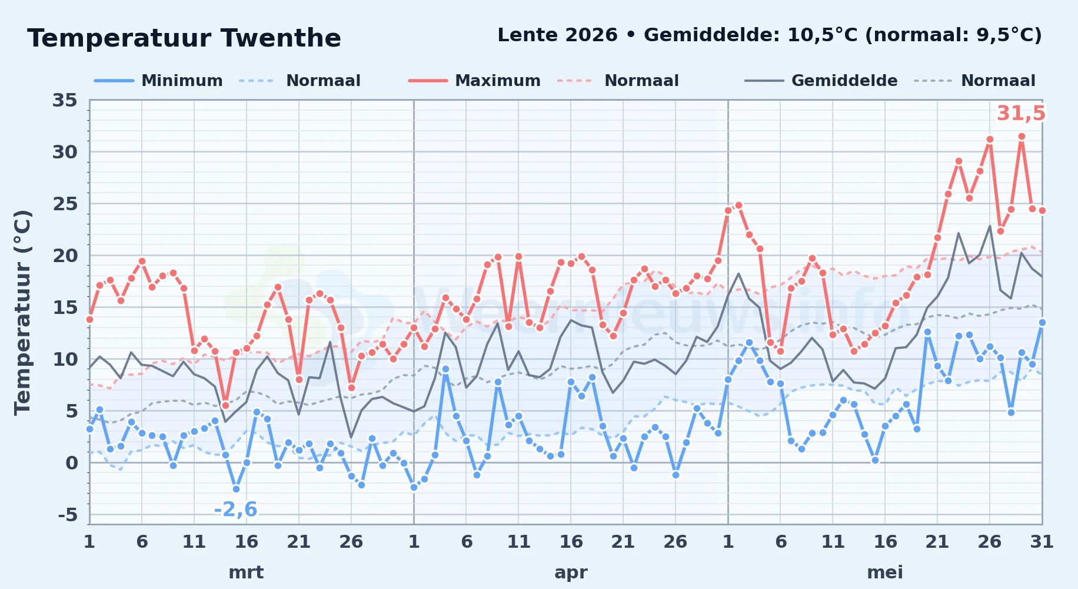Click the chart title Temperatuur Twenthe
(x=184, y=38)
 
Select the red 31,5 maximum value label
(x=1021, y=113)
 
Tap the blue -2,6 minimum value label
(x=235, y=509)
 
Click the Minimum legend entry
(x=159, y=81)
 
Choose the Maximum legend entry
(x=474, y=81)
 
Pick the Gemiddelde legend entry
(x=821, y=81)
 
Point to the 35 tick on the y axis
(x=65, y=100)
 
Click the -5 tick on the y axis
(x=67, y=515)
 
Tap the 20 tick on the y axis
(x=65, y=256)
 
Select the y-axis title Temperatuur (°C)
(x=22, y=312)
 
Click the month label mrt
(x=246, y=572)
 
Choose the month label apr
(x=571, y=572)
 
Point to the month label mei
(x=885, y=572)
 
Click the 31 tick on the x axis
(x=1042, y=541)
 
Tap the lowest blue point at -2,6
(x=236, y=489)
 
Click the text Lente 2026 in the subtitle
(x=557, y=35)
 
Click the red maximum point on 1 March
(x=89, y=319)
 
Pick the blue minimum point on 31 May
(x=1042, y=322)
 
